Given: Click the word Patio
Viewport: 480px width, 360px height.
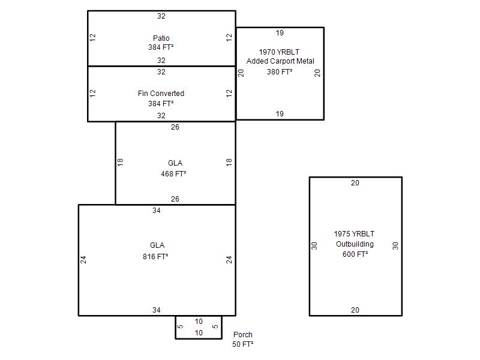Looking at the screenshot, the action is [161, 38].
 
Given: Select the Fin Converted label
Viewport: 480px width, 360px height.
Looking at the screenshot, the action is [161, 94].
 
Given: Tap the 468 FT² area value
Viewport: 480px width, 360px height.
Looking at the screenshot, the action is [173, 173].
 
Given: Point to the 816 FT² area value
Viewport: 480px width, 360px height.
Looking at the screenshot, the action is [155, 257].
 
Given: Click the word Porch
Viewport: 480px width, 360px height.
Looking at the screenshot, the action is [243, 335].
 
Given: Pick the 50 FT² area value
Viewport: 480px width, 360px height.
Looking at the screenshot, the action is [243, 344].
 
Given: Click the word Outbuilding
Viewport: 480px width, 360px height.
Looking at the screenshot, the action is [355, 244].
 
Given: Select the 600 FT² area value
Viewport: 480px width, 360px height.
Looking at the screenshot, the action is [355, 254].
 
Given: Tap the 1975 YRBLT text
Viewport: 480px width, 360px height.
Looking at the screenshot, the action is [354, 234].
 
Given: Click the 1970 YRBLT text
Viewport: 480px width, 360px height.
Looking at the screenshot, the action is [279, 52].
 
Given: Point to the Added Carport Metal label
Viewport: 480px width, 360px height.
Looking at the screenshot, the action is [280, 61].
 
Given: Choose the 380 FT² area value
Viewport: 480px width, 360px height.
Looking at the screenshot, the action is [280, 71].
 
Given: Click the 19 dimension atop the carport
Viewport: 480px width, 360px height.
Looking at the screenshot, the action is [280, 33].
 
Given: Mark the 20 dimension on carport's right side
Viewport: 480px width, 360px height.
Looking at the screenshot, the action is [317, 73].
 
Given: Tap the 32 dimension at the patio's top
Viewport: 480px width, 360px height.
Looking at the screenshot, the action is [161, 16].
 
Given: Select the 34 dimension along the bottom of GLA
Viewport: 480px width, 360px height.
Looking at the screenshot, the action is [157, 310].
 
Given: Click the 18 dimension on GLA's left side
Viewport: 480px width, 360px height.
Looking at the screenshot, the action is [120, 162].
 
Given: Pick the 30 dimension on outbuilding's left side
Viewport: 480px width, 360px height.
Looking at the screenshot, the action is [314, 246].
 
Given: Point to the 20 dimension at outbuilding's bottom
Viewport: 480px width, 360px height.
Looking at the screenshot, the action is [355, 310].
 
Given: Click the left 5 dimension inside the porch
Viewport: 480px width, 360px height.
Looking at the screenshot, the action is [181, 326].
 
